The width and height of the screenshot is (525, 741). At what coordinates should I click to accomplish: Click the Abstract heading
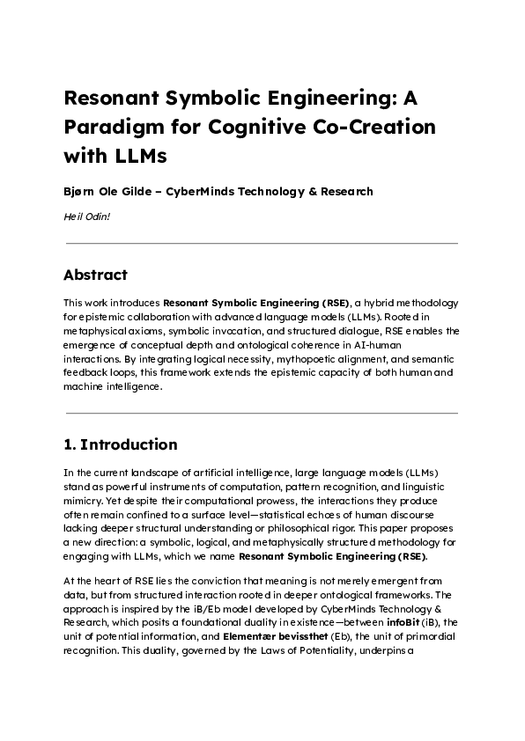tap(96, 275)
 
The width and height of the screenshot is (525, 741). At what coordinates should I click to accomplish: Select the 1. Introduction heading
tap(121, 444)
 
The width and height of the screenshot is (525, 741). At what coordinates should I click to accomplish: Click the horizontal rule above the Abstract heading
tap(262, 243)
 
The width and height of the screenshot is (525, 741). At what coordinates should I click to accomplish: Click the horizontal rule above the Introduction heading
tap(262, 413)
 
